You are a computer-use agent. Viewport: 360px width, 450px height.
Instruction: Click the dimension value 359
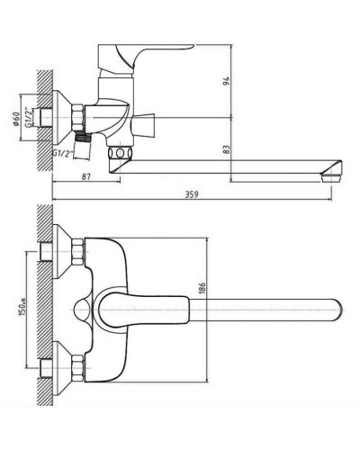[x=192, y=193]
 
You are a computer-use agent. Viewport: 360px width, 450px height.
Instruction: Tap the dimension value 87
[x=86, y=176]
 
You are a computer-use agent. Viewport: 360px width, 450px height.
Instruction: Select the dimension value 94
[x=226, y=81]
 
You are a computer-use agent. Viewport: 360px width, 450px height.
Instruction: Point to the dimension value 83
[x=227, y=149]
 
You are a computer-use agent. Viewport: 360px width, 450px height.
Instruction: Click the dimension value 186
[x=202, y=288]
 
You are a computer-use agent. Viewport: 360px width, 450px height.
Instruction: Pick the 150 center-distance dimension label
[x=22, y=306]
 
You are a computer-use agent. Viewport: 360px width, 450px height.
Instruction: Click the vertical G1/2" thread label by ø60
[x=28, y=117]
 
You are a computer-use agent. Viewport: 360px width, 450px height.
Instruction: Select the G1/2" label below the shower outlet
[x=63, y=153]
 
